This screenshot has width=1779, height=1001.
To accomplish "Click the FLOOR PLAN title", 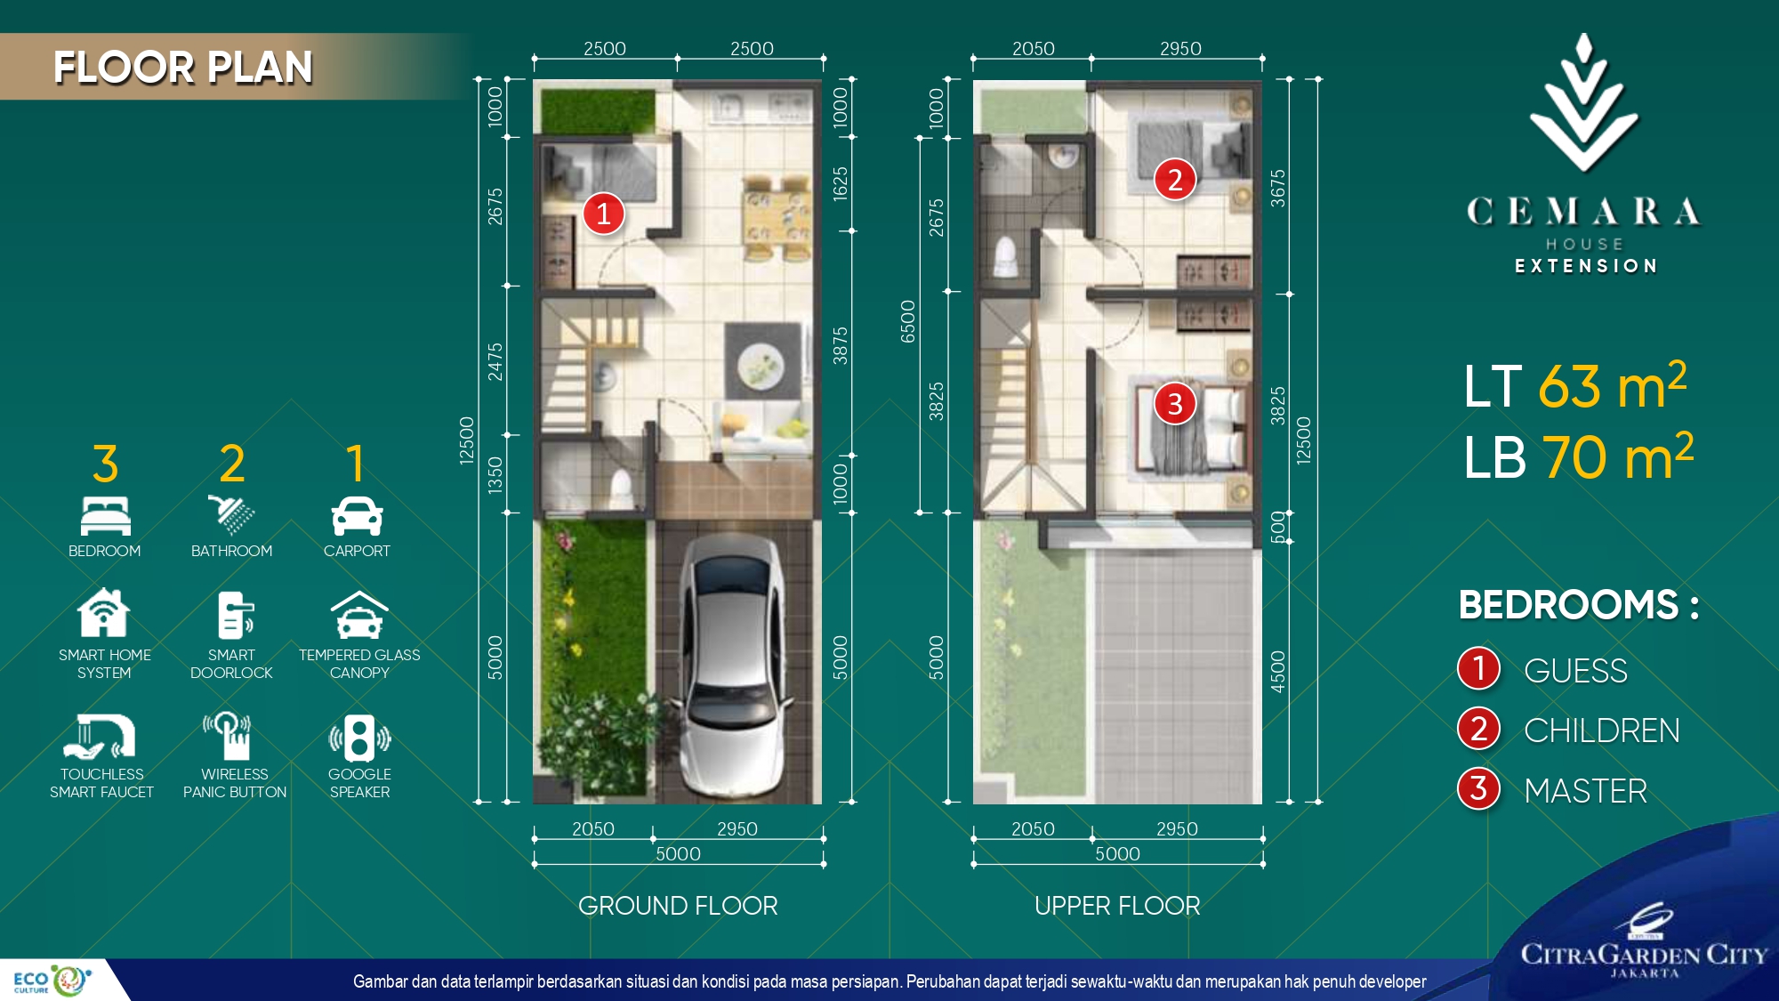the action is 182,68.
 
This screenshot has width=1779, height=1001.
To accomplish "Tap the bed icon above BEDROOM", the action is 105,516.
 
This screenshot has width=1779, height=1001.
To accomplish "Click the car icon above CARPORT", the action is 357,517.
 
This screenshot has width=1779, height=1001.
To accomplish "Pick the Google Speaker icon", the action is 359,738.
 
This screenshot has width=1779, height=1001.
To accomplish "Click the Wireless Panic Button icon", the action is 228,735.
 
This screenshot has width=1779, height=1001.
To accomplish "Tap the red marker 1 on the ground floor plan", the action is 603,214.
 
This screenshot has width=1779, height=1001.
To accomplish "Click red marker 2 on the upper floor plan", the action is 1174,180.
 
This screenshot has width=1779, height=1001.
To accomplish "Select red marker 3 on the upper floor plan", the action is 1174,404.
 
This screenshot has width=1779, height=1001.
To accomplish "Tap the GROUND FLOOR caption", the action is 678,906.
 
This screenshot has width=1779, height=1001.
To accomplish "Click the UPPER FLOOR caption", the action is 1117,906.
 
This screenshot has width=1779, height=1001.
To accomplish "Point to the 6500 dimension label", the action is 907,321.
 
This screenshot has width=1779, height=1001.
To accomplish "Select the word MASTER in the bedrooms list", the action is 1585,791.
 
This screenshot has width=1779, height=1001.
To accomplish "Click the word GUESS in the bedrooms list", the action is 1575,671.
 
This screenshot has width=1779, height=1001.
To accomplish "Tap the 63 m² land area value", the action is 1613,385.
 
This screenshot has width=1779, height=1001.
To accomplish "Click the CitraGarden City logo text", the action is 1644,955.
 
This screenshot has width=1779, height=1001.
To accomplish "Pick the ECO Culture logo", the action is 52,981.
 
